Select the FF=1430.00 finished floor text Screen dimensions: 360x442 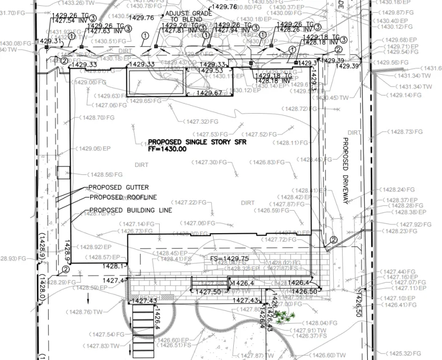(x=167, y=149)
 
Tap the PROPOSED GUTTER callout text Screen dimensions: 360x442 (x=119, y=188)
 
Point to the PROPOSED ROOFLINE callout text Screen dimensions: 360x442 (x=123, y=197)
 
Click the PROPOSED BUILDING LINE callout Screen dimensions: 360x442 (x=130, y=210)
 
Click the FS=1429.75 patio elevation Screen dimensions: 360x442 (x=229, y=258)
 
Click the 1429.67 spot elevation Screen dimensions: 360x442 (x=209, y=93)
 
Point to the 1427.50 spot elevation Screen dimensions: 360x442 (x=208, y=292)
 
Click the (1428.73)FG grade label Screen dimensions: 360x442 (x=405, y=132)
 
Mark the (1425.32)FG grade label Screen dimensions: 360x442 (x=404, y=354)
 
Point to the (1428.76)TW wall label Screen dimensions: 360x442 (x=85, y=312)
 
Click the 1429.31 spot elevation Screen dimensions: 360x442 (x=49, y=41)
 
